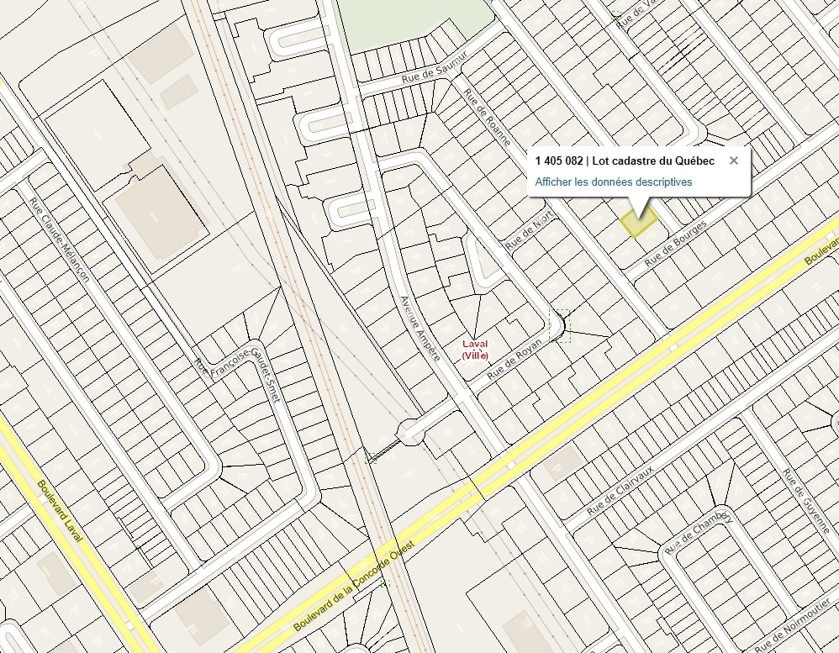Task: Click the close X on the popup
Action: (x=733, y=161)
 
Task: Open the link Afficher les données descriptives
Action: (x=613, y=182)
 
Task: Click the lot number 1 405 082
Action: (x=558, y=161)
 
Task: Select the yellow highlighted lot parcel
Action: (x=638, y=222)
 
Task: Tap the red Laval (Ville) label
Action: (x=475, y=350)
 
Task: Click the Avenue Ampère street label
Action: (x=419, y=328)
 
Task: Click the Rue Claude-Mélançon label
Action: (x=58, y=239)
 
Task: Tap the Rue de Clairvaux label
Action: (x=620, y=489)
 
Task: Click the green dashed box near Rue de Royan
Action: (x=559, y=325)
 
